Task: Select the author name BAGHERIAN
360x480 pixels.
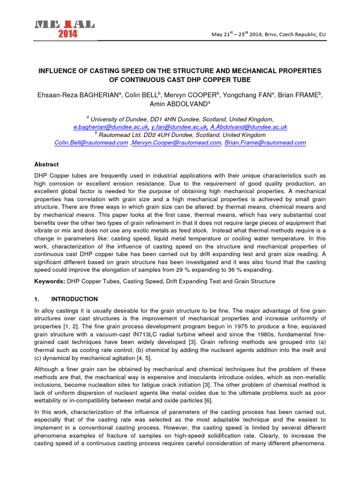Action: click(x=97, y=95)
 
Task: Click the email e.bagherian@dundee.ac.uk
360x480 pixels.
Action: click(x=111, y=127)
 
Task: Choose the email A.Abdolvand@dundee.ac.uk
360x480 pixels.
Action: click(x=248, y=127)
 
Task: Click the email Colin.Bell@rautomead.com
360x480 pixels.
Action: click(x=91, y=142)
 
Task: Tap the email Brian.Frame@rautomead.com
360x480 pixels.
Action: click(x=265, y=142)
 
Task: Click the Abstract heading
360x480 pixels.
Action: click(x=47, y=165)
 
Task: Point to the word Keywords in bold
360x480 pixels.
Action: click(x=49, y=281)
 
